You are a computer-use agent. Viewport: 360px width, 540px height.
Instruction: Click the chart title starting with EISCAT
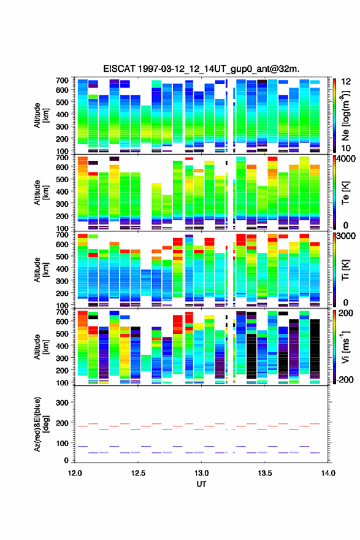(201, 69)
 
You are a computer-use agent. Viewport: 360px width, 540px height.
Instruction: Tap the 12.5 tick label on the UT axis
(138, 473)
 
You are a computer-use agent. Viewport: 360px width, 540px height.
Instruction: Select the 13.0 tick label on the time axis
(201, 473)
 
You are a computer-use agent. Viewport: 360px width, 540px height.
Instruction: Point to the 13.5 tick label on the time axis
(265, 473)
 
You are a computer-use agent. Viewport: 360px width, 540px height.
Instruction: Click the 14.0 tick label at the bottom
(328, 473)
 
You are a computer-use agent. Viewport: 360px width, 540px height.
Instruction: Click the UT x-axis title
(201, 484)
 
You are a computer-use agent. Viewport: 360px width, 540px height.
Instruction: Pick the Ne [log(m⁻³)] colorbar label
(345, 116)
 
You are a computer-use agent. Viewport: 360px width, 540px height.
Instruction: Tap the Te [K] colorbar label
(345, 193)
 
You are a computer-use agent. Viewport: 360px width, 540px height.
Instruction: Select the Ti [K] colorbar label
(345, 269)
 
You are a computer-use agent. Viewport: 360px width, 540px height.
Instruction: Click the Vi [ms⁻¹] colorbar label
(345, 347)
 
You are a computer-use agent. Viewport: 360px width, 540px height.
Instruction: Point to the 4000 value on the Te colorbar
(346, 160)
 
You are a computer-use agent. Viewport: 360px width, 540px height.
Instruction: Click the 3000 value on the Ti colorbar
(346, 236)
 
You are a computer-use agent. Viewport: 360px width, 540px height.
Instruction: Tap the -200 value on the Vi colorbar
(345, 379)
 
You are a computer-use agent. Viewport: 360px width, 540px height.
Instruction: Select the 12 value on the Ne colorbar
(346, 82)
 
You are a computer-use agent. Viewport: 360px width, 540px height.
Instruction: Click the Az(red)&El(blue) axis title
(41, 424)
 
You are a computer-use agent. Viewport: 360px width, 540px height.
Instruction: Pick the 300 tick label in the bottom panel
(63, 403)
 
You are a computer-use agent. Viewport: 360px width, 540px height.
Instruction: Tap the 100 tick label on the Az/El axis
(63, 443)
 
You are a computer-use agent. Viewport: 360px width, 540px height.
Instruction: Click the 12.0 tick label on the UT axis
(75, 473)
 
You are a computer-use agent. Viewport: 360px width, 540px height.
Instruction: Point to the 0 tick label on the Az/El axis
(66, 460)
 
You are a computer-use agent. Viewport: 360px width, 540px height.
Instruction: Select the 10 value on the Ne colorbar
(346, 148)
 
